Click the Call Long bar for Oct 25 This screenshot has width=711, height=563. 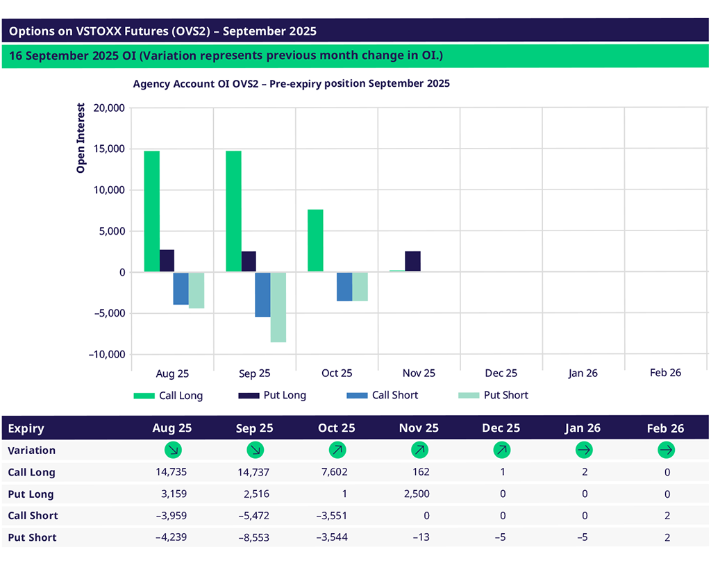315,240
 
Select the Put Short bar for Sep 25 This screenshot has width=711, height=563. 278,307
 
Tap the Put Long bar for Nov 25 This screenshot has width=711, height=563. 412,261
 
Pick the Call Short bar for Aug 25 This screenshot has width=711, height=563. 181,288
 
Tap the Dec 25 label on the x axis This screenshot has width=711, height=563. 501,373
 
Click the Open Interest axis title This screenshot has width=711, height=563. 81,138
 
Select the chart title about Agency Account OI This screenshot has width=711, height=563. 291,83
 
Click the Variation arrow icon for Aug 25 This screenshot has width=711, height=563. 173,450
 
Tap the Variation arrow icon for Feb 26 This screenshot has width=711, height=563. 666,450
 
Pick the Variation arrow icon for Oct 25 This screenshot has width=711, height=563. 337,450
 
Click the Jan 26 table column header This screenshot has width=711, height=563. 583,428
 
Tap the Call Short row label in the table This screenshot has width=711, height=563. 33,516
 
